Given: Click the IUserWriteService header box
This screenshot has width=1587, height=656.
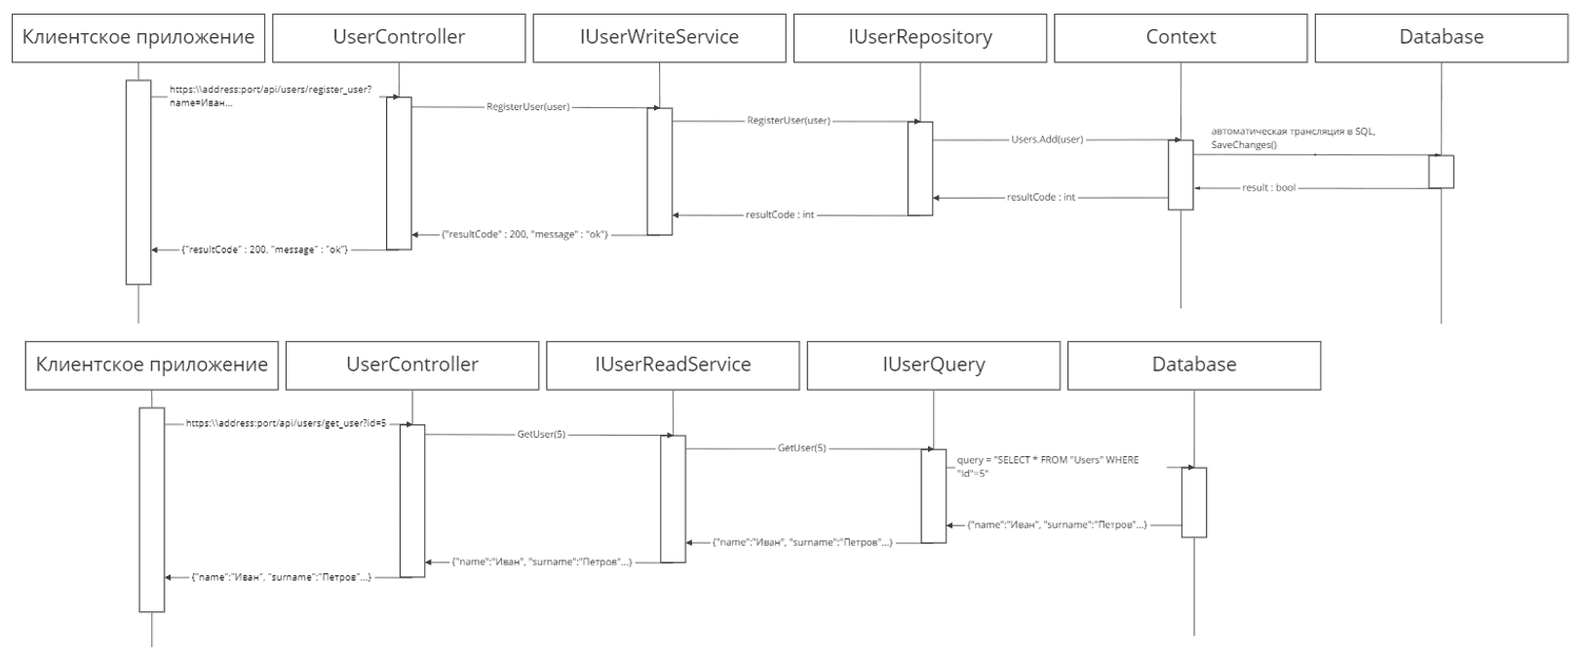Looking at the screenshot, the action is (x=659, y=38).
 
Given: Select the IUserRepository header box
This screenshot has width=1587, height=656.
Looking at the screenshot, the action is (x=919, y=38).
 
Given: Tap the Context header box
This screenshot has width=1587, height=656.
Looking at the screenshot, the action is (x=1181, y=38).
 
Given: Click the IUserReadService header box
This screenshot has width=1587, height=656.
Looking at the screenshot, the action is (x=673, y=366).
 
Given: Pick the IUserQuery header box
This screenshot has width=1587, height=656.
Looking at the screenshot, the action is (x=933, y=366).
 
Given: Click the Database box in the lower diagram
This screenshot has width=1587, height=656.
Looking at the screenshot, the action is (x=1194, y=366).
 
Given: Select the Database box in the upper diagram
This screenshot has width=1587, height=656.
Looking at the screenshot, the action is (x=1441, y=38).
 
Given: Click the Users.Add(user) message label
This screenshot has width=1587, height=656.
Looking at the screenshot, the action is (x=1047, y=139).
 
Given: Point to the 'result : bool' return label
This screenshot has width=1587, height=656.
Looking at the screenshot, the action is (x=1268, y=188).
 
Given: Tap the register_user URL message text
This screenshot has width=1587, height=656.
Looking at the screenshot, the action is (x=271, y=96).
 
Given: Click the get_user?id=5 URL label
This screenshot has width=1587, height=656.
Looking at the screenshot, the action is (x=287, y=423).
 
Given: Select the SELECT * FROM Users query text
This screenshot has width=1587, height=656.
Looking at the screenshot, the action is (x=1048, y=466).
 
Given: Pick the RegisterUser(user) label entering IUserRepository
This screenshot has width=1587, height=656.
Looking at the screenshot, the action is (x=789, y=121).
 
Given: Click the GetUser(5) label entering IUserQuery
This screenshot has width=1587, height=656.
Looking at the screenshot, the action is (x=802, y=447).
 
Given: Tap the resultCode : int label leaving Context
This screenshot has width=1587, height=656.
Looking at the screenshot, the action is (x=1041, y=197).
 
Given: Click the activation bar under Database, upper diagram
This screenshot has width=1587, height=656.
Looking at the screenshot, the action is (x=1441, y=172).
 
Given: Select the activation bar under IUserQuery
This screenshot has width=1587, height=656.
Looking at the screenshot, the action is (x=933, y=496).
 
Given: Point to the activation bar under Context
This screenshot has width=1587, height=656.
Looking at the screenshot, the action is (x=1181, y=175).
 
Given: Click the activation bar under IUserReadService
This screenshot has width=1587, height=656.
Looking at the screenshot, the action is (x=673, y=499).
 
